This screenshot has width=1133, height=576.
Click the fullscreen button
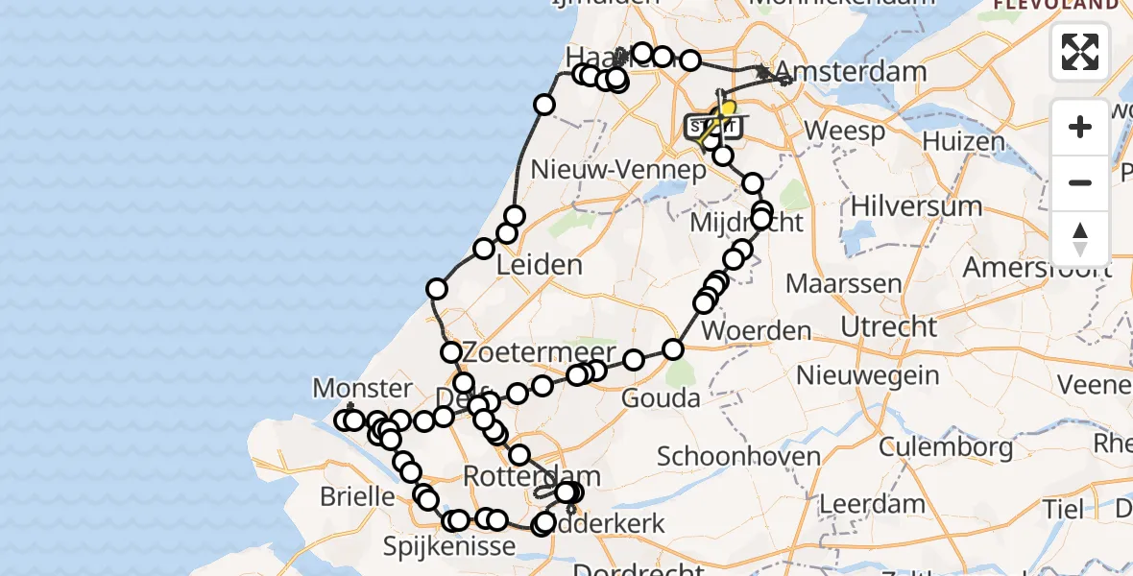tap(1080, 52)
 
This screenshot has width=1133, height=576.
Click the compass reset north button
tap(1080, 239)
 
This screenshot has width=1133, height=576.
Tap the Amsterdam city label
tap(851, 72)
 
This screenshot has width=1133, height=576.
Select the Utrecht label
tap(888, 326)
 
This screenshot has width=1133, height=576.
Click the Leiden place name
tap(541, 264)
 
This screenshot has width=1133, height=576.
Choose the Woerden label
tap(757, 331)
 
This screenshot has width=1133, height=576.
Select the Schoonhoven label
tap(738, 456)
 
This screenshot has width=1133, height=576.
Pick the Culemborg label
tap(932, 446)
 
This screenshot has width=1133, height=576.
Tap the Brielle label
tap(358, 496)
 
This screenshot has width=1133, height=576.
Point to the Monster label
tap(362, 388)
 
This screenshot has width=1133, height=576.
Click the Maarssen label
tap(843, 283)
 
